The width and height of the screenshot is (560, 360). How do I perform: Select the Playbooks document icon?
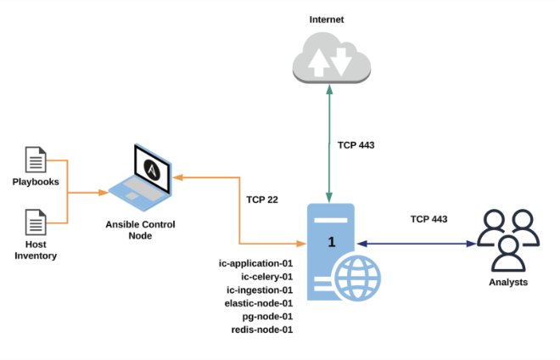[x=36, y=158]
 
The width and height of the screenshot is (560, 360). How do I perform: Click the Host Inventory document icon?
[x=36, y=222]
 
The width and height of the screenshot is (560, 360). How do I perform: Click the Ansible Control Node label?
[x=141, y=229]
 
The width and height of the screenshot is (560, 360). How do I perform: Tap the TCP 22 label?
[x=263, y=200]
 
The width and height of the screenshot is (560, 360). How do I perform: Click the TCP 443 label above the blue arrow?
[x=428, y=218]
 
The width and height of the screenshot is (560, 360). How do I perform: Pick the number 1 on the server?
[x=332, y=242]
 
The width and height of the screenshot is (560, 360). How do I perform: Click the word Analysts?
[x=507, y=282]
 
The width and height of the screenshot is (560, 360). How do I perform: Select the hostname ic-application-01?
[x=255, y=263]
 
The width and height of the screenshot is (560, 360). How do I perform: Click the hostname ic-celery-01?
[x=266, y=276]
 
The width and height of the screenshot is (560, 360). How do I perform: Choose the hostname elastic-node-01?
[x=259, y=302]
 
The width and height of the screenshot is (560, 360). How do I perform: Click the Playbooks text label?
[x=36, y=182]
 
